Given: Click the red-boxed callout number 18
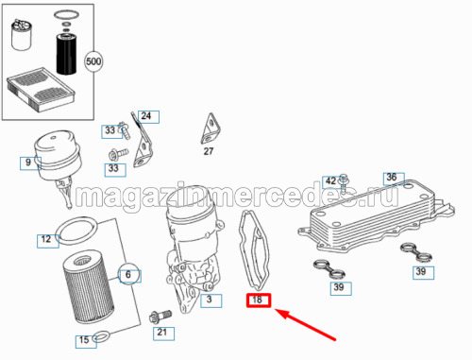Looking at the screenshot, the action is [x=259, y=300].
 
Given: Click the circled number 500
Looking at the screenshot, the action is [x=93, y=61].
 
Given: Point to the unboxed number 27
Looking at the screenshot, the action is [x=209, y=151].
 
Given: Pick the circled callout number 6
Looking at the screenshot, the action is [x=128, y=274].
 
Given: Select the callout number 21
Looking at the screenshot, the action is [x=163, y=334].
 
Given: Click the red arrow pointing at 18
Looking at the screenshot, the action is [x=305, y=325].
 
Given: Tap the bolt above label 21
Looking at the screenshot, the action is [x=160, y=317].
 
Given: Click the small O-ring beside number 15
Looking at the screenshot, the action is [x=102, y=336].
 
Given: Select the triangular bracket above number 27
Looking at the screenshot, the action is [x=211, y=129].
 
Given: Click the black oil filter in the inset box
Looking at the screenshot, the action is [x=66, y=54].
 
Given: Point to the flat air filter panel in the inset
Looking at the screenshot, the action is [x=41, y=90].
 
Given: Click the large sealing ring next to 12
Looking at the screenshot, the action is [x=77, y=231].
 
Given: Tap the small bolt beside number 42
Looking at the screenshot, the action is [x=344, y=183].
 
